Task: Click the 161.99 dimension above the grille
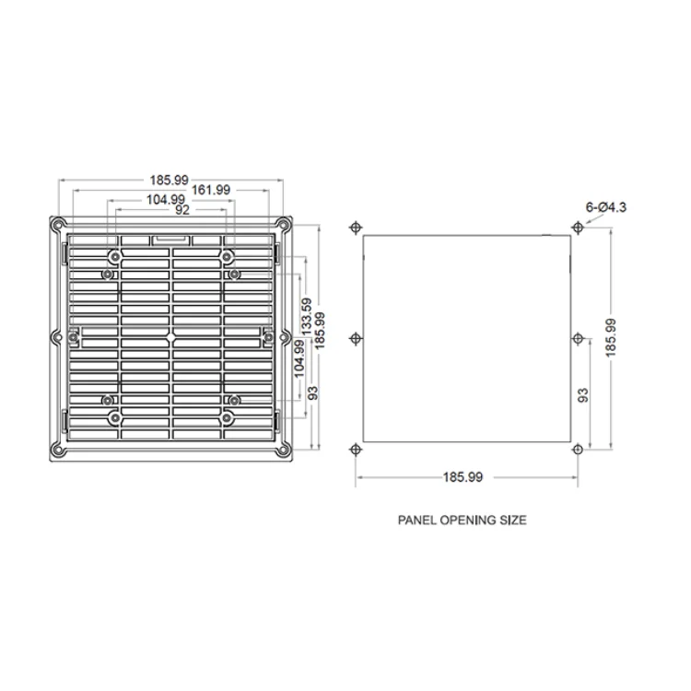(x=211, y=189)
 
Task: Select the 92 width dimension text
(x=182, y=210)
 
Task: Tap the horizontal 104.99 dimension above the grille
(x=165, y=199)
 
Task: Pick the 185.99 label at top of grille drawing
(x=170, y=179)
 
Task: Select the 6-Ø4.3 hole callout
(x=605, y=207)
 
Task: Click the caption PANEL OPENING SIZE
(x=462, y=521)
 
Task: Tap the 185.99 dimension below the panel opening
(x=463, y=477)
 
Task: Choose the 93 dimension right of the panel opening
(x=582, y=394)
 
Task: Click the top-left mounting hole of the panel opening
(x=355, y=227)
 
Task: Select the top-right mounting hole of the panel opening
(x=577, y=227)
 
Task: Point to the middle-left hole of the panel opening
(x=355, y=338)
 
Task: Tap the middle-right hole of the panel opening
(x=577, y=338)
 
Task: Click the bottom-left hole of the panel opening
(x=355, y=449)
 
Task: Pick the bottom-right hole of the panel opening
(x=577, y=449)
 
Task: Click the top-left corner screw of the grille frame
(x=58, y=224)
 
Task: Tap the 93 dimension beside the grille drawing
(x=313, y=392)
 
